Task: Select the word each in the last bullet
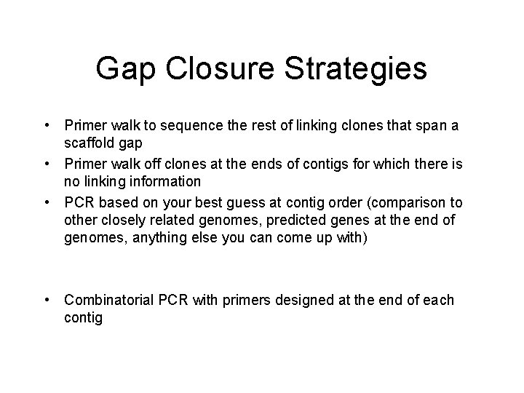coord(437,300)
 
